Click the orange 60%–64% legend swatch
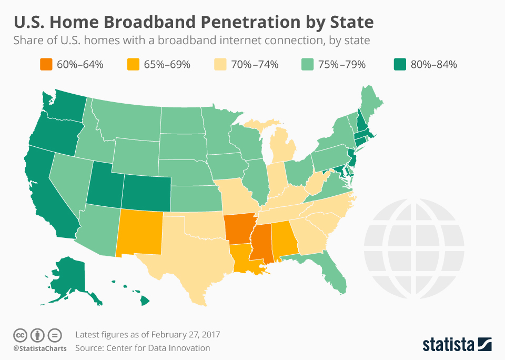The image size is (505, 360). click(x=46, y=65)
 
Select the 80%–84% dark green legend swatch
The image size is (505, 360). click(x=400, y=65)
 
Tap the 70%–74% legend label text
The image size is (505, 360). click(x=258, y=65)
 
